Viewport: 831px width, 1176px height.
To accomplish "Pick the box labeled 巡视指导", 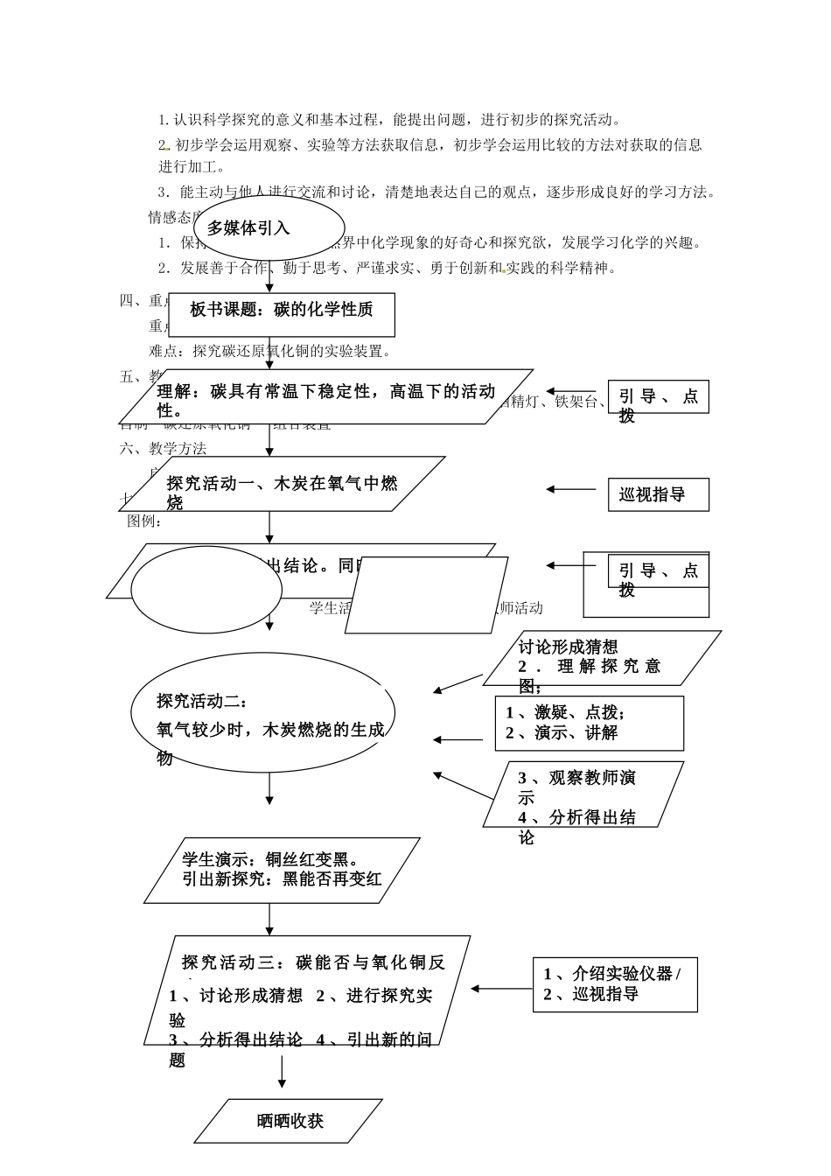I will point(658,494).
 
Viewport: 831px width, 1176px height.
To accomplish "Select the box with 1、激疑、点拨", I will point(589,723).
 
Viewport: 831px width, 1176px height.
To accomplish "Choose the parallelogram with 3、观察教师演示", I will point(583,794).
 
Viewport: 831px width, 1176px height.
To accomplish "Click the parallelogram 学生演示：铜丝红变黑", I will point(282,870).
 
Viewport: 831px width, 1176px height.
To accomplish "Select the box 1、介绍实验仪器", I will point(614,984).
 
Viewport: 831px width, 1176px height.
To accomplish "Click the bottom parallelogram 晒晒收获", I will point(289,1121).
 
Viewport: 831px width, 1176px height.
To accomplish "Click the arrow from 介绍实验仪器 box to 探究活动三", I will point(501,989).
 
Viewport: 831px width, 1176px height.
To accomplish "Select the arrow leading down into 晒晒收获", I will point(283,1071).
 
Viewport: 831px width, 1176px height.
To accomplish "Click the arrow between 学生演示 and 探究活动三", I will point(269,919).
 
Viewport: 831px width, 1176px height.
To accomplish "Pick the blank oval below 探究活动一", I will point(207,589).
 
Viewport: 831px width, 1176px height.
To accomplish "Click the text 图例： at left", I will point(144,521).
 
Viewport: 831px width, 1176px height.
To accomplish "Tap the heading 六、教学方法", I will point(164,449).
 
